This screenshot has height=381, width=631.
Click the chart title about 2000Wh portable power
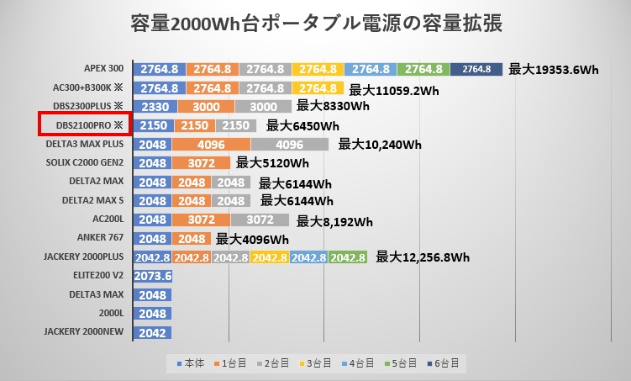click(x=317, y=24)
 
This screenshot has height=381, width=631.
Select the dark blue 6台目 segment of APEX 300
click(x=476, y=69)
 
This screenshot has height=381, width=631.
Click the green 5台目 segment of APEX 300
click(x=423, y=69)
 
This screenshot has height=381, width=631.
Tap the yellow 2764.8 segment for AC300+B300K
click(x=318, y=87)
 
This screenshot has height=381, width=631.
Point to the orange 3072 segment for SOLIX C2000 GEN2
click(x=202, y=163)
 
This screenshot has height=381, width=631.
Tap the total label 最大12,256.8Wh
click(x=423, y=257)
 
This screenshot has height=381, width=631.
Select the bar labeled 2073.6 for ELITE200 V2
click(x=153, y=276)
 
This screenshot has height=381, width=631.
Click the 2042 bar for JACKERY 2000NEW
click(x=153, y=332)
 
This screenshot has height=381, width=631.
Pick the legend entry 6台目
click(x=444, y=363)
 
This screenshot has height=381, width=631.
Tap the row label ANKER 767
click(x=98, y=238)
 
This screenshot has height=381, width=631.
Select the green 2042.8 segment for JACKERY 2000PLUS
click(x=348, y=257)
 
